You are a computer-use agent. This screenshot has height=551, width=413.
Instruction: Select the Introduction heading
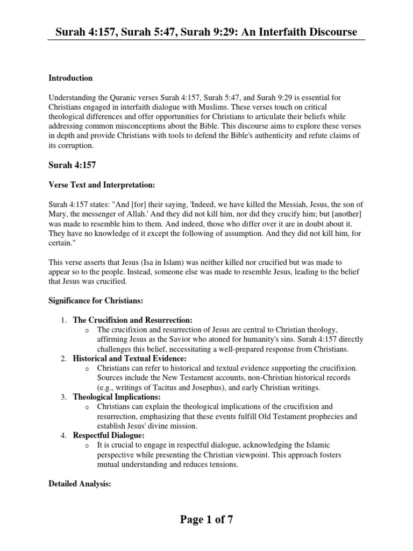(x=70, y=78)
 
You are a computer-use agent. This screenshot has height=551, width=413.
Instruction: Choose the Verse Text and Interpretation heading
(x=102, y=185)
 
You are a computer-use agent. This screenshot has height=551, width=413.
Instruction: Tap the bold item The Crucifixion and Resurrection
(x=132, y=320)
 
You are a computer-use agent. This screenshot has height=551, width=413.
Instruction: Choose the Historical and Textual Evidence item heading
(x=130, y=358)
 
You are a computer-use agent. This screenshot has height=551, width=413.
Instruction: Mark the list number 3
(x=63, y=397)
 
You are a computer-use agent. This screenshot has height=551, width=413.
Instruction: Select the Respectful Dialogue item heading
(x=108, y=435)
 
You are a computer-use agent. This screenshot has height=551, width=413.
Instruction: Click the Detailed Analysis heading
(x=80, y=484)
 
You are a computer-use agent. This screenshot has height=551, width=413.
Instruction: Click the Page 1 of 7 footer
(x=206, y=520)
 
